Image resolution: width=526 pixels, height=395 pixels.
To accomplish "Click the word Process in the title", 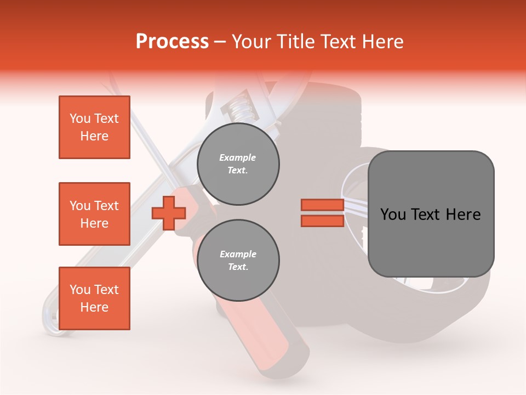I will [x=172, y=42].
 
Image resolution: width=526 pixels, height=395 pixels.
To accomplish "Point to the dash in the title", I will [x=220, y=42].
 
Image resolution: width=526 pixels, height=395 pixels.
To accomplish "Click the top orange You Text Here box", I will [x=94, y=127].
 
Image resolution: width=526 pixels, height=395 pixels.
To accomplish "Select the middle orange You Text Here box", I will [x=94, y=214].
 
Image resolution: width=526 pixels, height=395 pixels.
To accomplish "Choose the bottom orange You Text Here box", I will [x=94, y=298].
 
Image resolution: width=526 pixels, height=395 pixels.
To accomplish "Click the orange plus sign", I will [x=168, y=213].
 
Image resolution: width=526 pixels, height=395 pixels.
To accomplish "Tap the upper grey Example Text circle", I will [x=238, y=164].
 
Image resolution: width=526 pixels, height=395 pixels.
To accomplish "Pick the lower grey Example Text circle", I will [x=238, y=261].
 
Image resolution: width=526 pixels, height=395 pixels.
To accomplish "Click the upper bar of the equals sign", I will [x=322, y=205].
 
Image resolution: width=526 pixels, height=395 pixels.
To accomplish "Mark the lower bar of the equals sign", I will [x=322, y=221].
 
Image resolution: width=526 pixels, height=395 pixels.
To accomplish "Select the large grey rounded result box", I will [x=431, y=214].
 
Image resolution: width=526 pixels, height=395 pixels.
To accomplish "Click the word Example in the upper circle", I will [x=238, y=157].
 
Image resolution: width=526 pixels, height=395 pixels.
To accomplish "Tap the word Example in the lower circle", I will [x=238, y=254].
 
